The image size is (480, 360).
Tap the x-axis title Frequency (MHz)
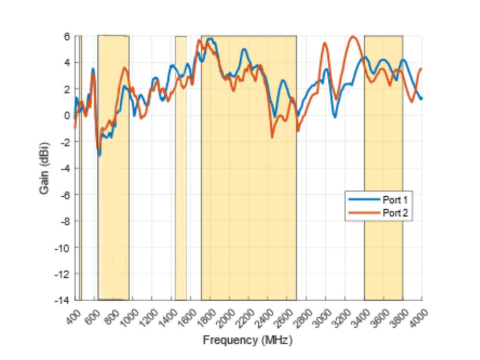pyautogui.click(x=248, y=340)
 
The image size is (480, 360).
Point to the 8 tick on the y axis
pyautogui.click(x=67, y=37)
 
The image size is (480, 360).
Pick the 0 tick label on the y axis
pyautogui.click(x=67, y=115)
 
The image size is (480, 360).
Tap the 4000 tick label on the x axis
pyautogui.click(x=419, y=313)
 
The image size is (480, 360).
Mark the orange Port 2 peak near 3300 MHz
pyautogui.click(x=353, y=37)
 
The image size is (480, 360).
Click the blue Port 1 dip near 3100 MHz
pyautogui.click(x=334, y=117)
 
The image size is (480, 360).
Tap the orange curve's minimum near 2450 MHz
pyautogui.click(x=272, y=137)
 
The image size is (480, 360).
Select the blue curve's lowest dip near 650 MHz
pyautogui.click(x=99, y=155)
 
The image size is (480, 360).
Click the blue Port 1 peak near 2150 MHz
pyautogui.click(x=244, y=49)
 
